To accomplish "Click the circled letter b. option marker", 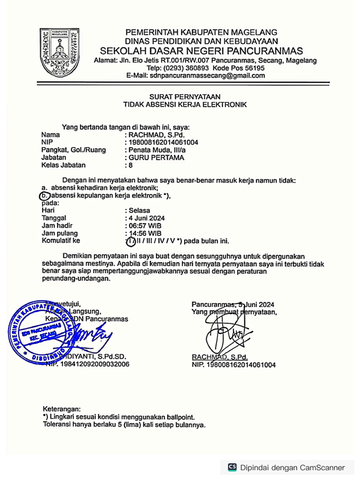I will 44,195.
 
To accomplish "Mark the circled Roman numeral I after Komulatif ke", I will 130,241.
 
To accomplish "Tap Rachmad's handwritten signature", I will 225,330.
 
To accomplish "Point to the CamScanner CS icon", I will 232,467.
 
